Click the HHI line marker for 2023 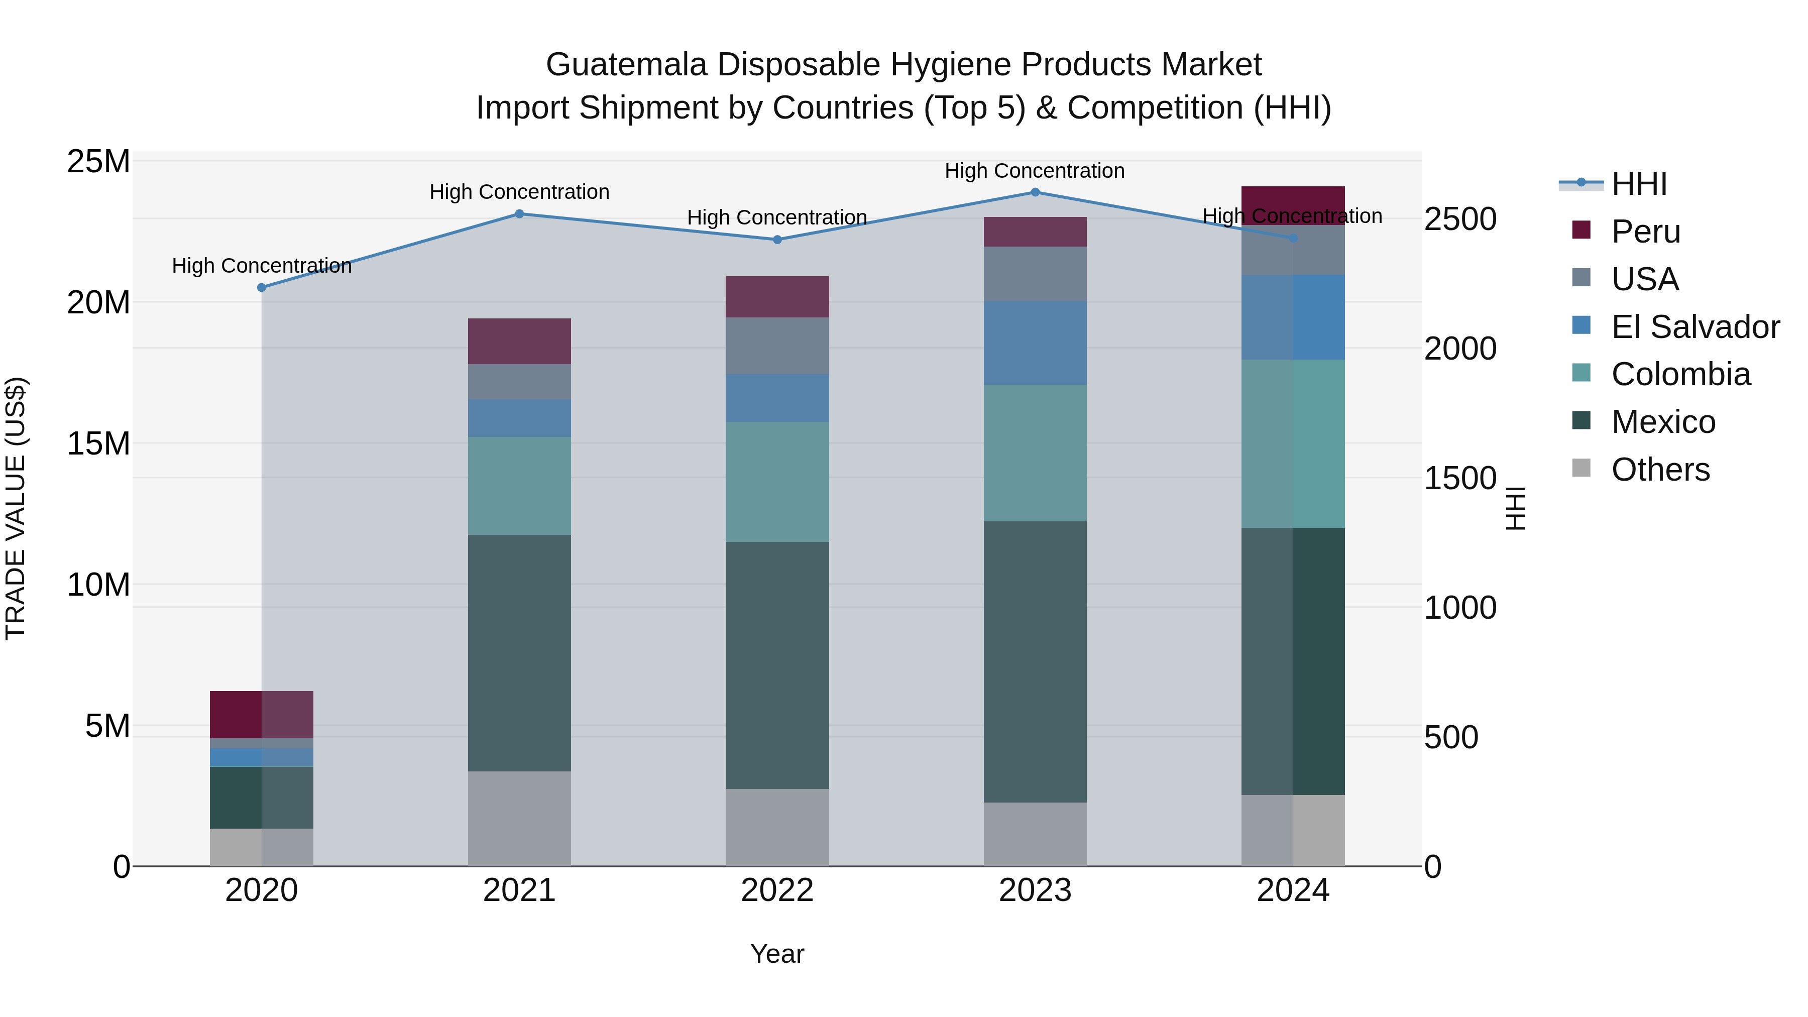tap(1035, 192)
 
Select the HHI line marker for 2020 tap(262, 287)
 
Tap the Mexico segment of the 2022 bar tap(777, 665)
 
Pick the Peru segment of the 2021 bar tap(519, 341)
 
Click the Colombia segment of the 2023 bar tap(1035, 453)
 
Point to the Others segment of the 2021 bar tap(519, 819)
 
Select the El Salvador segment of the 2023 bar tap(1035, 343)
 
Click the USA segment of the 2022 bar tap(777, 346)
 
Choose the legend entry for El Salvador tap(1694, 327)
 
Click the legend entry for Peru tap(1645, 232)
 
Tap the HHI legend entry tap(1638, 184)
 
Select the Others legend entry tap(1659, 470)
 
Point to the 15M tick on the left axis tap(98, 443)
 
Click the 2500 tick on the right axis tap(1460, 219)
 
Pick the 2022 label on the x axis tap(777, 890)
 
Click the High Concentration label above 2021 tap(519, 192)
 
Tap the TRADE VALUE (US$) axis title tap(16, 508)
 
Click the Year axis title tap(777, 954)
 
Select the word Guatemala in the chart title tap(626, 65)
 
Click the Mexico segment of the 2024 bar tap(1293, 661)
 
